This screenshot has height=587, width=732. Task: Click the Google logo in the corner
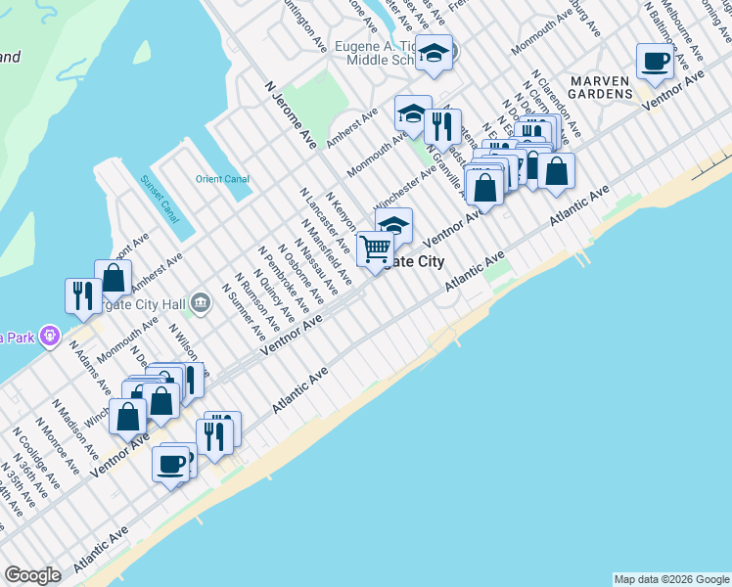pyautogui.click(x=32, y=575)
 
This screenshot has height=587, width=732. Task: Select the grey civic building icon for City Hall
pyautogui.click(x=200, y=302)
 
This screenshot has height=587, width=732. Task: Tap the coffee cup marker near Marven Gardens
pyautogui.click(x=655, y=62)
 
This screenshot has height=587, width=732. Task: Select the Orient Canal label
pyautogui.click(x=222, y=179)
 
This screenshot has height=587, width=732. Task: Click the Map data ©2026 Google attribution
pyautogui.click(x=672, y=579)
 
